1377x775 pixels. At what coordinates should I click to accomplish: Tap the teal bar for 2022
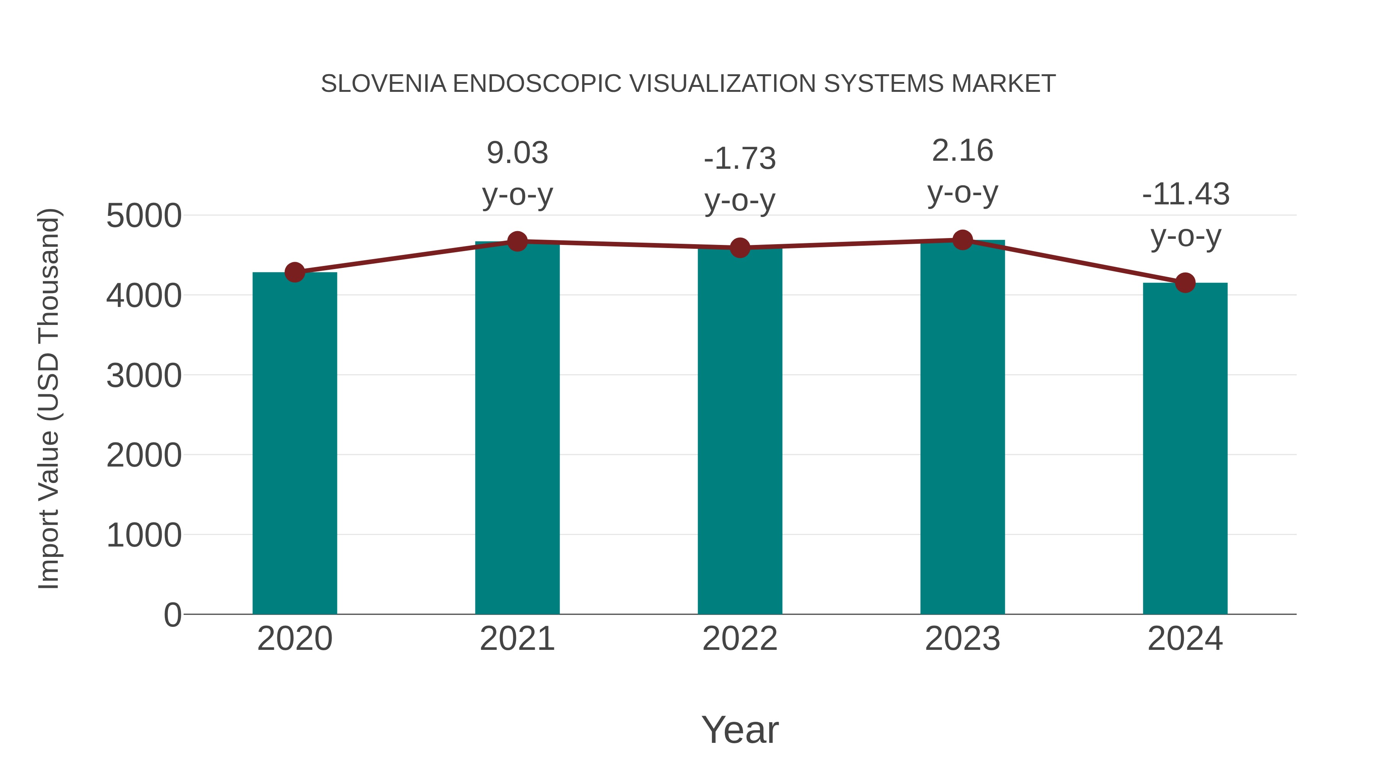tap(740, 431)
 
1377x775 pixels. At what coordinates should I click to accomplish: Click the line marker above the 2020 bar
tap(295, 272)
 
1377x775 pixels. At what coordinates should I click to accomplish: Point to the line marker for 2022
tap(740, 248)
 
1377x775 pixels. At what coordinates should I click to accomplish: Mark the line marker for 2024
tap(1185, 282)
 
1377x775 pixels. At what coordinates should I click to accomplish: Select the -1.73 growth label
tap(740, 159)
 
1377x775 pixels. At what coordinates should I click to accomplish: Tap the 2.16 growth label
tap(962, 151)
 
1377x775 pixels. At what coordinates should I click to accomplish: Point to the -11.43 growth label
tap(1186, 194)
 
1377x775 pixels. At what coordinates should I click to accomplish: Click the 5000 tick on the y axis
tap(144, 216)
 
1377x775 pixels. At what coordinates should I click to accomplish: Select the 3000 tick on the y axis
tap(144, 375)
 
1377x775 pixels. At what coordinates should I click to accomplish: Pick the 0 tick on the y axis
tap(172, 615)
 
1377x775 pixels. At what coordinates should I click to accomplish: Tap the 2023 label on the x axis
tap(962, 639)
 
